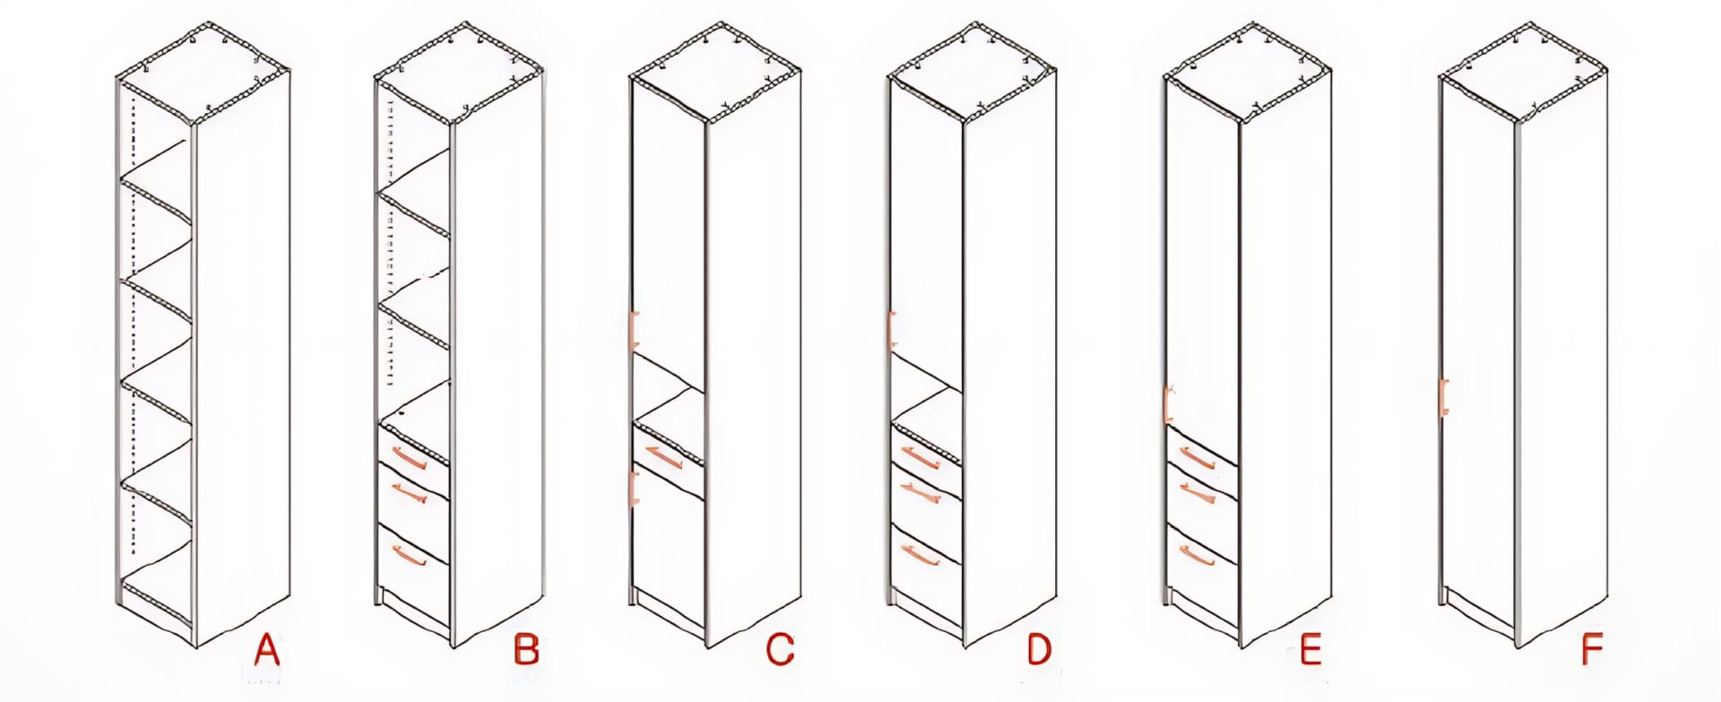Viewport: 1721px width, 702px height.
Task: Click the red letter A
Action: [266, 649]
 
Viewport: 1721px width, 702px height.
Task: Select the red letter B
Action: [526, 649]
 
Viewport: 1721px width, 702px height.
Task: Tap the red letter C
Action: [780, 649]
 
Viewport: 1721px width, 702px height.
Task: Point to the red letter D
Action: [1039, 649]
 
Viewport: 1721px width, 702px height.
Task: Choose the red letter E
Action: [1310, 649]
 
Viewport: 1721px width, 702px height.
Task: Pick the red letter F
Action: [1592, 649]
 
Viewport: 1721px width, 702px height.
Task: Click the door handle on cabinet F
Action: [1443, 397]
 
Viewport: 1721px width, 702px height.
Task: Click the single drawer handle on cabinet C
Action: [663, 457]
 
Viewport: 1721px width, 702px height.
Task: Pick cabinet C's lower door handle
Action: [634, 488]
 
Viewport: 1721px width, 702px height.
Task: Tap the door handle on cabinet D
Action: [892, 329]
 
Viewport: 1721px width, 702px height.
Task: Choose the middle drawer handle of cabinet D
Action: [919, 492]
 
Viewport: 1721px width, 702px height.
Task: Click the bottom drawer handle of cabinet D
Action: [919, 555]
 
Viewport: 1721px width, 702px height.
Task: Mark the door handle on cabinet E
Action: [1168, 403]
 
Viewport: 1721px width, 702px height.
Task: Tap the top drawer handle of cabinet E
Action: [1197, 458]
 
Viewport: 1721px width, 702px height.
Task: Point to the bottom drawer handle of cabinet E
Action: [1197, 556]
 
